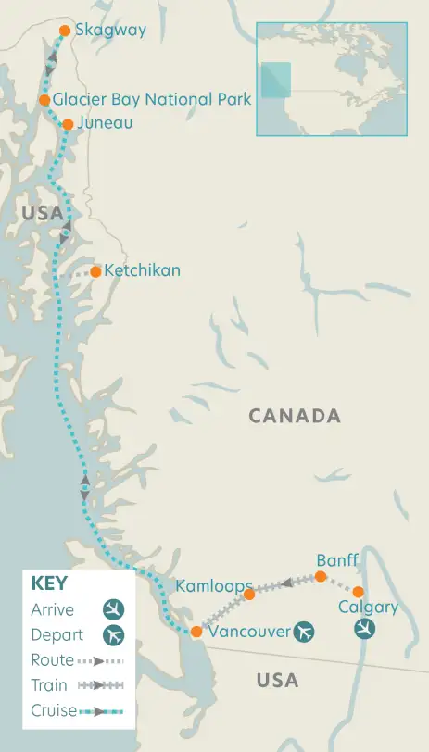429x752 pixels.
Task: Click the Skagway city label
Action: click(110, 31)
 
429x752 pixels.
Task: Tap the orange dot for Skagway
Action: click(65, 31)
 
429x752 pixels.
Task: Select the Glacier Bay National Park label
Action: click(152, 99)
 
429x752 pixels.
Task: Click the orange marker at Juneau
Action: click(68, 123)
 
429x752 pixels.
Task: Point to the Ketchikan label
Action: click(142, 270)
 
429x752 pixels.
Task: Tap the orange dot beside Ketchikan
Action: click(95, 271)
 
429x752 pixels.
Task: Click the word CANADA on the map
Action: click(295, 416)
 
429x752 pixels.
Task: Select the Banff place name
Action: click(337, 560)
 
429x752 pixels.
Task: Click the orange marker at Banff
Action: click(321, 576)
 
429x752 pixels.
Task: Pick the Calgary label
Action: click(368, 608)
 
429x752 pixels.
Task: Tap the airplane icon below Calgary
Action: click(366, 630)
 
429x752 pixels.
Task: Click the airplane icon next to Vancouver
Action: click(303, 632)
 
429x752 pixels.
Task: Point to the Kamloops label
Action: click(214, 587)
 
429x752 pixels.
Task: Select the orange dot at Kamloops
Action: click(248, 594)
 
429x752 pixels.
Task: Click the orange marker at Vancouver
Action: click(196, 632)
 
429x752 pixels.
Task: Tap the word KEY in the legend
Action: click(49, 583)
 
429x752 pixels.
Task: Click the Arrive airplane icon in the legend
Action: click(114, 610)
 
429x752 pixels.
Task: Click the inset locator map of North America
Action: click(331, 79)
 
